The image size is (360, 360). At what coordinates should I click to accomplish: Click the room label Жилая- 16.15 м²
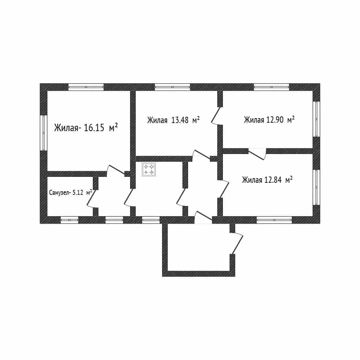point(86,127)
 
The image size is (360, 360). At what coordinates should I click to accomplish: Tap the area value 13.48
point(180,120)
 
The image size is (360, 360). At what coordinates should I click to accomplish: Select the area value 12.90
point(275,120)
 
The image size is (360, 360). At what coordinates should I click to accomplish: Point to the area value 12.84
point(273,180)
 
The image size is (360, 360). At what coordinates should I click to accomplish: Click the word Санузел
point(59,192)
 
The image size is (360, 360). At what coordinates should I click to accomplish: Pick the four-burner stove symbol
point(149,169)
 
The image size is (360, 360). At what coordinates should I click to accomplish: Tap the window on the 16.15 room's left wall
point(43,133)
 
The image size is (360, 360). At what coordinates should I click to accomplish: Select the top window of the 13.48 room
point(172,87)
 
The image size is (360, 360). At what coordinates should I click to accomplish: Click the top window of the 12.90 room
point(271,87)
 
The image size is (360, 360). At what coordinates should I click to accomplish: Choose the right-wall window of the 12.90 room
point(317,119)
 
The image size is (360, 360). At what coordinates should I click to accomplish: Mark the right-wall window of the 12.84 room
point(317,187)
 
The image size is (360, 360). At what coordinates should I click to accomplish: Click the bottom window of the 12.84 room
point(274,220)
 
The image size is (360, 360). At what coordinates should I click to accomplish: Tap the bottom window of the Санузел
point(70,220)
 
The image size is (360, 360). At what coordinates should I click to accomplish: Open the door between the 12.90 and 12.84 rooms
point(257,154)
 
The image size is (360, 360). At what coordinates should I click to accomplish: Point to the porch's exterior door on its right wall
point(236,244)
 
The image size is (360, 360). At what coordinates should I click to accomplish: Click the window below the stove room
point(151,220)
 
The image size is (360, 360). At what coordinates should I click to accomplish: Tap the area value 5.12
point(78,192)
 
